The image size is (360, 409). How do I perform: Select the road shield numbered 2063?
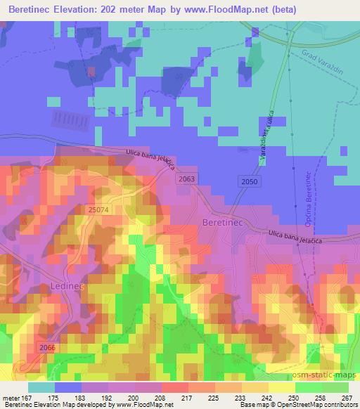(x=186, y=180)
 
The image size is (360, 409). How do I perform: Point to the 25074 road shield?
(x=100, y=209)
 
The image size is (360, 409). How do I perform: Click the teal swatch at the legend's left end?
(x=41, y=387)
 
